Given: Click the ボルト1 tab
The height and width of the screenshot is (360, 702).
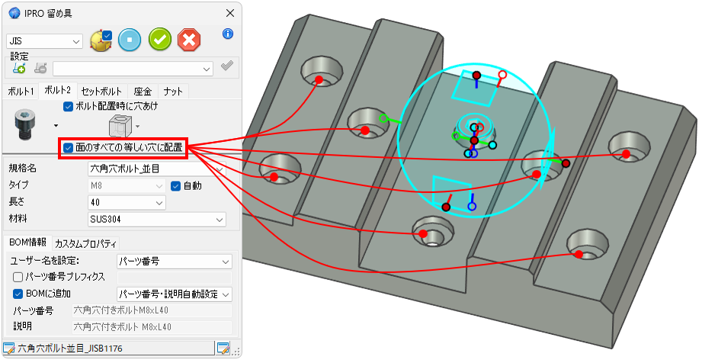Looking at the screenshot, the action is point(21,92).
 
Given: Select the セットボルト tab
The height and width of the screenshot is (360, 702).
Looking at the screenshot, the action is point(101,92).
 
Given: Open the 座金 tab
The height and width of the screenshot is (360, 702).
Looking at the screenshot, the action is point(143,92).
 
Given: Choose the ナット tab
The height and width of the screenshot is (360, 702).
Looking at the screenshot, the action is point(173,92).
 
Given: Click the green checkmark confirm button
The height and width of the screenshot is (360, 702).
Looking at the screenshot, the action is point(160,40).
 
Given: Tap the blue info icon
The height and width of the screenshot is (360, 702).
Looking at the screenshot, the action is point(228,34).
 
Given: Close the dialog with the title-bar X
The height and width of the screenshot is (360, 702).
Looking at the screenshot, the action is point(230,13).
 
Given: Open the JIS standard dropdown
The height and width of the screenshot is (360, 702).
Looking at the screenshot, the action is point(44,41).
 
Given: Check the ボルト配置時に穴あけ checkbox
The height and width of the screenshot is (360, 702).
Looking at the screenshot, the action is point(68,107).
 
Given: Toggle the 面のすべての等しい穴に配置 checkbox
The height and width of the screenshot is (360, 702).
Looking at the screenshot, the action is point(68,148).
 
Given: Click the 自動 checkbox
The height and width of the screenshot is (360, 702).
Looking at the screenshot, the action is point(175,185).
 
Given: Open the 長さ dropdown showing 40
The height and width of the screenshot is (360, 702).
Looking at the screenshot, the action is point(127,203).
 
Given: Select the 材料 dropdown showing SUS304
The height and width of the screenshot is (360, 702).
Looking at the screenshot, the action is point(157,220).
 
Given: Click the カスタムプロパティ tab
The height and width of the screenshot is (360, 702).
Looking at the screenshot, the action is point(86,243).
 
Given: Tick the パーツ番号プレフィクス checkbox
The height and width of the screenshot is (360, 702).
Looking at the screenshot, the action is point(18,277).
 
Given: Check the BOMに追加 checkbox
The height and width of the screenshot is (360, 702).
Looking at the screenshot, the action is point(18,294).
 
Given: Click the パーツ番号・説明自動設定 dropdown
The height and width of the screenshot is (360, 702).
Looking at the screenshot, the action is point(174,294).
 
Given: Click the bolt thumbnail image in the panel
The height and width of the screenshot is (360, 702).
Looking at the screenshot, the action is point(24,124).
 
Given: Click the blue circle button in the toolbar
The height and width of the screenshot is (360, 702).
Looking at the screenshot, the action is point(130,40).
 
